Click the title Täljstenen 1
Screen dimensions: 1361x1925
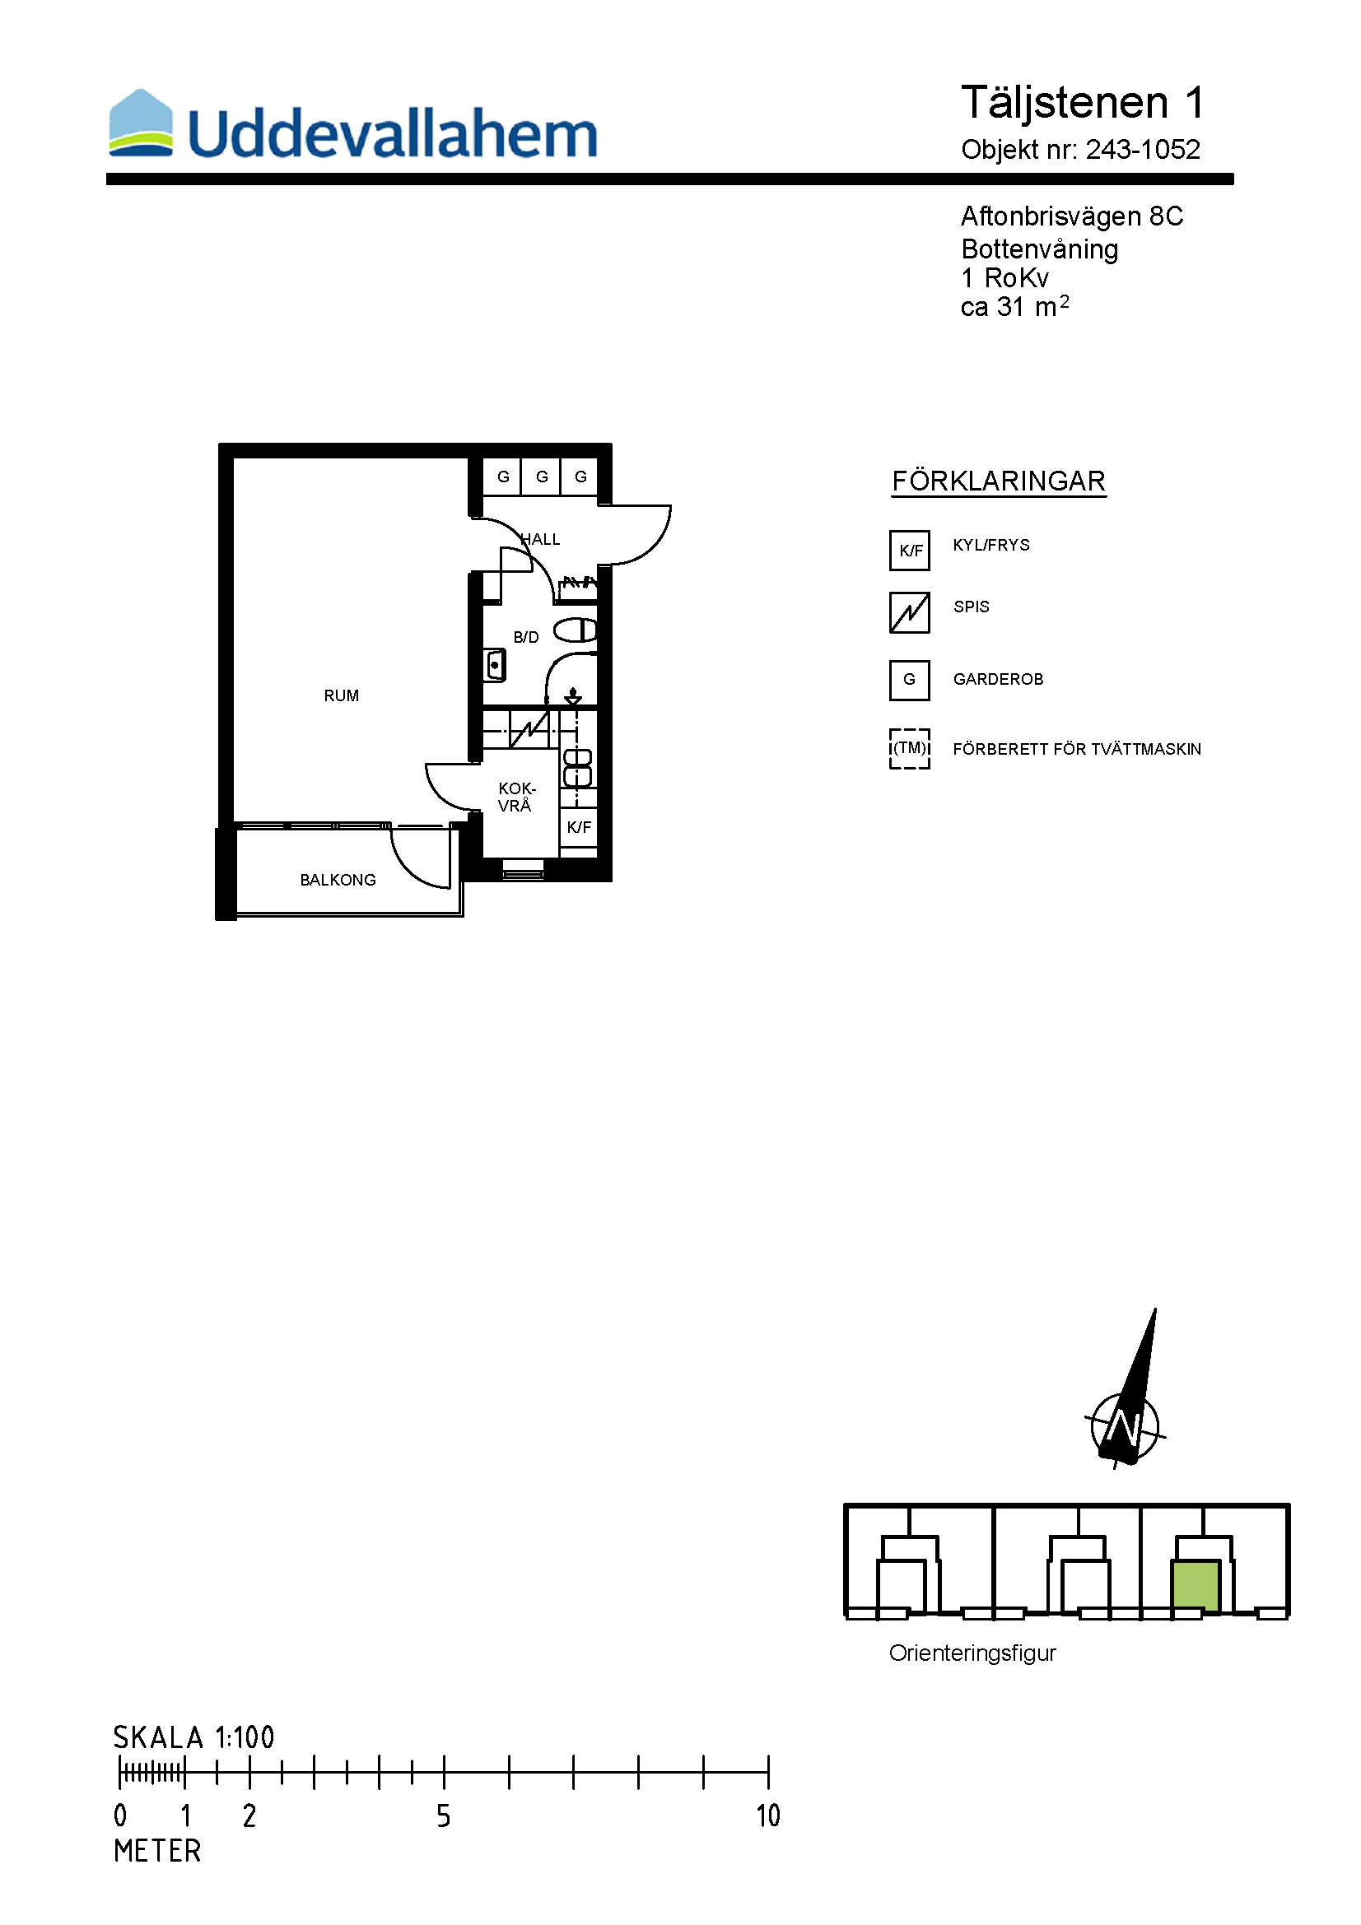pos(1083,103)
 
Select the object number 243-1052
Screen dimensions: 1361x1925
pos(1143,149)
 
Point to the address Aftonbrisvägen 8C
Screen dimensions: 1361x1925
pos(1072,216)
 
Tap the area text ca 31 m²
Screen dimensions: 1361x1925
pos(1014,306)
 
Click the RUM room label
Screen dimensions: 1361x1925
pos(342,696)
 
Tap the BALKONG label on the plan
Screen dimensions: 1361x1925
pos(338,880)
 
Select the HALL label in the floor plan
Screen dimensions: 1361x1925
pos(540,539)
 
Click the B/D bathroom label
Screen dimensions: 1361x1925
pos(526,637)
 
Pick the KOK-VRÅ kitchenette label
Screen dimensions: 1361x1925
pos(515,797)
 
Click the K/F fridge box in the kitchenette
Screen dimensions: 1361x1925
pos(579,827)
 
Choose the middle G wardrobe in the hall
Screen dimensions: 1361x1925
pos(542,477)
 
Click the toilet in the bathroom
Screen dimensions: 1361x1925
pos(576,630)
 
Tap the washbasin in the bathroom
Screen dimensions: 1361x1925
pos(495,665)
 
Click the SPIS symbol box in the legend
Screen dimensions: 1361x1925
pos(910,613)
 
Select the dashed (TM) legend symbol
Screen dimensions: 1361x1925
pos(910,749)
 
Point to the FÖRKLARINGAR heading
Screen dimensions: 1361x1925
pos(999,481)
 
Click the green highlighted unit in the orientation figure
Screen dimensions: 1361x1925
pos(1196,1585)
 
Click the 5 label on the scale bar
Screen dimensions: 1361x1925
pos(444,1816)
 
